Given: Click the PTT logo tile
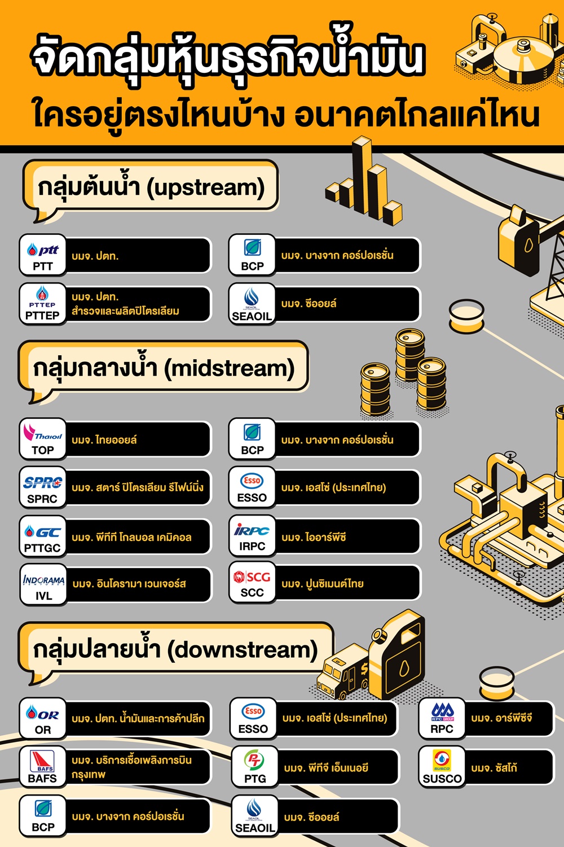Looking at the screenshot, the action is (43, 255).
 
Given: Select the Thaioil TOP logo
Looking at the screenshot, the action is (43, 439).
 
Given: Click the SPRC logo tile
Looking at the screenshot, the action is (43, 487).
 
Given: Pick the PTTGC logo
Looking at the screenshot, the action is (43, 536).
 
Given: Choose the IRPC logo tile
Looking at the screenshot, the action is (252, 536).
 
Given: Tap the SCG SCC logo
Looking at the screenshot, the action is (252, 583).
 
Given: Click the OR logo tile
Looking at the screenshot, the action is (43, 718).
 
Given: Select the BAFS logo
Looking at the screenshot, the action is (43, 767).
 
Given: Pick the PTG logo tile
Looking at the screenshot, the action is (254, 767).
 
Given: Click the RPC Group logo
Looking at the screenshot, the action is (442, 718).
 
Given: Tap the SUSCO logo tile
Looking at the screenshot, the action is (442, 767).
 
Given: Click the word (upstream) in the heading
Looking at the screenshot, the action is (205, 188).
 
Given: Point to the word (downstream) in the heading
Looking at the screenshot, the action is (242, 650).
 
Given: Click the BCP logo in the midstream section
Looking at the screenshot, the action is (252, 439).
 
